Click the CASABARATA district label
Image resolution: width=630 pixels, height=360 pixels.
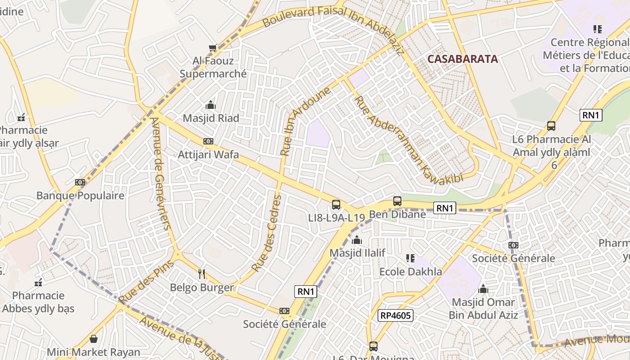pos(463,59)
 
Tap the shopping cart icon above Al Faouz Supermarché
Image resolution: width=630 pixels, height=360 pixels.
pos(213,48)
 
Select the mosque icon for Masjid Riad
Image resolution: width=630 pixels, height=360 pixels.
pos(210,105)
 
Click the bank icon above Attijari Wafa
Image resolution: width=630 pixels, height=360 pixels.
pos(208,141)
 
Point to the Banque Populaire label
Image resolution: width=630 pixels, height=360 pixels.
pos(80,196)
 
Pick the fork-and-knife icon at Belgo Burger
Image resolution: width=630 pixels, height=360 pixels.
pos(202,274)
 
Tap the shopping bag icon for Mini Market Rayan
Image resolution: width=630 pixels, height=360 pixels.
pos(94,338)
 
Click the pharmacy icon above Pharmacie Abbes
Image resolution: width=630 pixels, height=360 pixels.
pos(38,283)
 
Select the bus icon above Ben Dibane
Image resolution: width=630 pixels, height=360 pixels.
pos(397,201)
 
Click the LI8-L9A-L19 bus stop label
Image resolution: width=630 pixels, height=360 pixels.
pos(336,218)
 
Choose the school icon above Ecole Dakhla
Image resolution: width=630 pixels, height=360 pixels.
pos(410,258)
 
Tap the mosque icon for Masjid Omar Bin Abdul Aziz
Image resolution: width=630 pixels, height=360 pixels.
pos(483,288)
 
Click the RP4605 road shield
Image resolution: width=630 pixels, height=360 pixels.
pos(395,315)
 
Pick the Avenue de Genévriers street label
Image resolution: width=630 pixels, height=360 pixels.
pos(161,173)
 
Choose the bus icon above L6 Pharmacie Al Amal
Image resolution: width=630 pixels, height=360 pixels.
pos(551,126)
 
